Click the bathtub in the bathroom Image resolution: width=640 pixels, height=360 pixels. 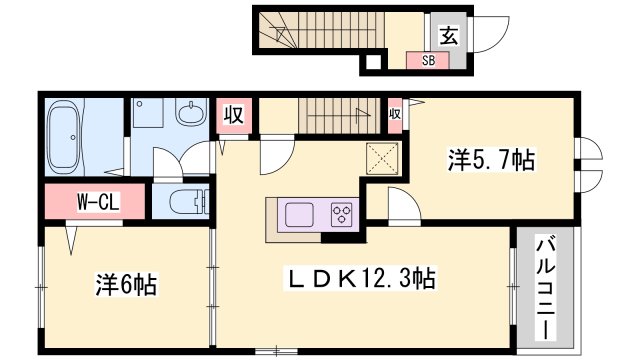pos(64,137)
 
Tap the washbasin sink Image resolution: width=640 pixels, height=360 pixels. pos(191,111)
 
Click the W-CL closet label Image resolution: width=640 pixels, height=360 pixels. pos(98,202)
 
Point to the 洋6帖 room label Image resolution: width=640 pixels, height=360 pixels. pos(126,284)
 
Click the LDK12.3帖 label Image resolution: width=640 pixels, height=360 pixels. pos(360,279)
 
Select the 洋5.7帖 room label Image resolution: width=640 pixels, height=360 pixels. pos(491,160)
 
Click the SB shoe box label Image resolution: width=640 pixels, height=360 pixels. pos(428,61)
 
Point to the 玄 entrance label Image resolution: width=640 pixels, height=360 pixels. pos(449,35)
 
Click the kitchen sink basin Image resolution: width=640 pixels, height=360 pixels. pos(299,214)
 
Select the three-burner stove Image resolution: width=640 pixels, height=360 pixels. pos(342,214)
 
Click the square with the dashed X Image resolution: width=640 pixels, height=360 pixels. pos(382,158)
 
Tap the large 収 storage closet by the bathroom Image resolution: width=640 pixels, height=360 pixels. pos(233,115)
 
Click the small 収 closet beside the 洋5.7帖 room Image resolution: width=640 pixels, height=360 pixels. pos(395,114)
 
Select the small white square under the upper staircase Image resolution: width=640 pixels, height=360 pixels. pos(373,62)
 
